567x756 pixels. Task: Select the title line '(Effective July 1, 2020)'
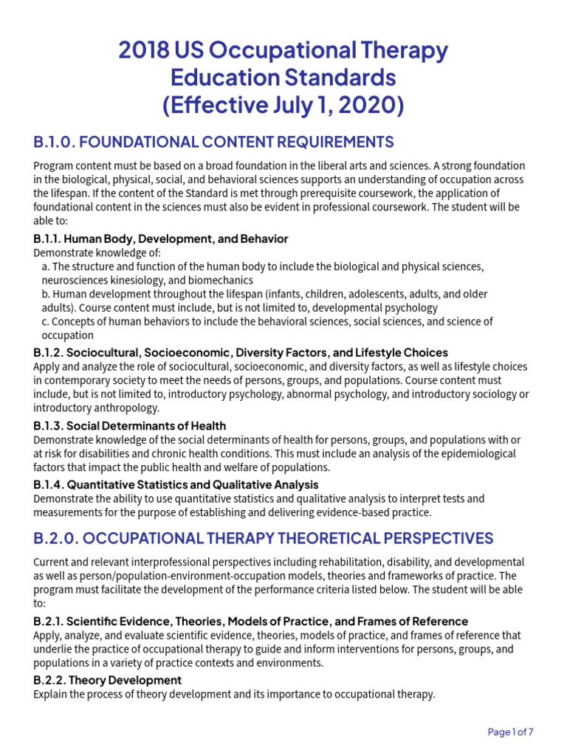tap(283, 105)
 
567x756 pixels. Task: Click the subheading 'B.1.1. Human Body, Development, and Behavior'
tap(160, 239)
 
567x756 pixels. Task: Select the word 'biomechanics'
tap(221, 281)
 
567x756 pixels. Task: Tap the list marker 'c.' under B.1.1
tap(47, 321)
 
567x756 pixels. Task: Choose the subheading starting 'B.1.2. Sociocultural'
tap(240, 353)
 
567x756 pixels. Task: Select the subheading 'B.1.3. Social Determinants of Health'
tap(130, 426)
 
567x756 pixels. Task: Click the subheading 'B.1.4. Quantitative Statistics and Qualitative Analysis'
tap(176, 485)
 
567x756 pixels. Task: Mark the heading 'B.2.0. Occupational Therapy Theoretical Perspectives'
tap(263, 538)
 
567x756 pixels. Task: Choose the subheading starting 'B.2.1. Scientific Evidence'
tap(250, 622)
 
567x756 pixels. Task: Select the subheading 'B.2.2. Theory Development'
tap(108, 680)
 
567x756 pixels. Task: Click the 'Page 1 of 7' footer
tap(511, 732)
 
